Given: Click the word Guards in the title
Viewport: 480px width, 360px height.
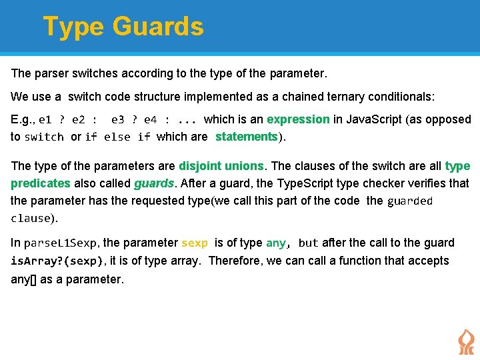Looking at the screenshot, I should tap(158, 27).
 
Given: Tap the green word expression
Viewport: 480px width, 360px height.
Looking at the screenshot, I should tap(298, 119).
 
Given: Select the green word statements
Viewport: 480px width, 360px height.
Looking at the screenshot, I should tap(246, 137).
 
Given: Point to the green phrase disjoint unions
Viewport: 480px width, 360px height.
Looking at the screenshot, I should tap(221, 165).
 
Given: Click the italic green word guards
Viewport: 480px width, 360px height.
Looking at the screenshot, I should tap(154, 183).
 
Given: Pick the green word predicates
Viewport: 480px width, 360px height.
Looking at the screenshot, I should tap(40, 183).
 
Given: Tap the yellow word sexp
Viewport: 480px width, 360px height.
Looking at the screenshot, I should tap(195, 243).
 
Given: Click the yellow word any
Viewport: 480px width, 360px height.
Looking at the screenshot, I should tap(276, 243).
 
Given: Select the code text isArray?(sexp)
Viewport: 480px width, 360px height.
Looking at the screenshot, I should tap(57, 261).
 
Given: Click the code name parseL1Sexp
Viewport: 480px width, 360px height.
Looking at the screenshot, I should tap(61, 243).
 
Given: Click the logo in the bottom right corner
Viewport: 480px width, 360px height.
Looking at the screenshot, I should tap(465, 341).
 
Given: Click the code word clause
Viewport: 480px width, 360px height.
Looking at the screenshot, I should tap(31, 218).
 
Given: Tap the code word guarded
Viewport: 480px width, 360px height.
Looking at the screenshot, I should tap(409, 201).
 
